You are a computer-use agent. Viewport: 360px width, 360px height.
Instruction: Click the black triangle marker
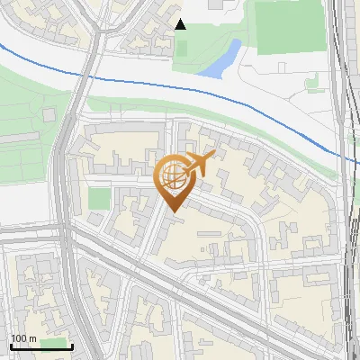pyautogui.click(x=181, y=24)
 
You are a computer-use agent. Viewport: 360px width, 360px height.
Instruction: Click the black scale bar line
pyautogui.click(x=40, y=346)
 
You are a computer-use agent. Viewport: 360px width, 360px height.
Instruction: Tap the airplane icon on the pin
pyautogui.click(x=200, y=165)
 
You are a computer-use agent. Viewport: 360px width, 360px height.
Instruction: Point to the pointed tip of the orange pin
pyautogui.click(x=171, y=212)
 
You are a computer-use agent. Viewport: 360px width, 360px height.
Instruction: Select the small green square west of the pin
pyautogui.click(x=99, y=198)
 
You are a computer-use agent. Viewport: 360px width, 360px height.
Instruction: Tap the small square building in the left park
pyautogui.click(x=49, y=114)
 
